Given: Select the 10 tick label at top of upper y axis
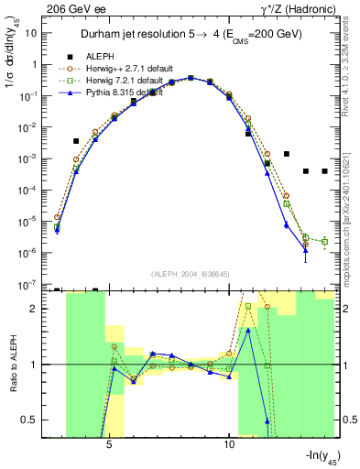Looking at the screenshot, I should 32,33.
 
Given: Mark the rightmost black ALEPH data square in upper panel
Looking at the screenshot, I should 325,171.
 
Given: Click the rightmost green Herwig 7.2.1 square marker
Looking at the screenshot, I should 325,242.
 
